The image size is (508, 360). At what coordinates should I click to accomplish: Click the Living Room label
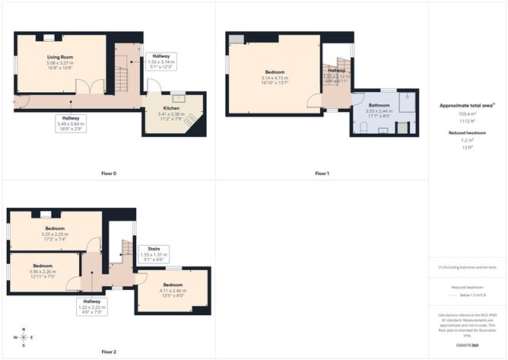(59, 57)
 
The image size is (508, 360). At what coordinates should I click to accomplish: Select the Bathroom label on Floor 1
(379, 106)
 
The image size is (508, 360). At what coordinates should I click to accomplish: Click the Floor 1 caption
(322, 174)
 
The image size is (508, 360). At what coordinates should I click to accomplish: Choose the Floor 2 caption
(109, 352)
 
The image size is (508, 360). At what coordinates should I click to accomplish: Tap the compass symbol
(24, 337)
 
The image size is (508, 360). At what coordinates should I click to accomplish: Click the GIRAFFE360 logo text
(467, 346)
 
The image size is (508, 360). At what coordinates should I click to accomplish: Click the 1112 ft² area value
(467, 121)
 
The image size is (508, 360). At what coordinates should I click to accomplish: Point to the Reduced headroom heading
(467, 132)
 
